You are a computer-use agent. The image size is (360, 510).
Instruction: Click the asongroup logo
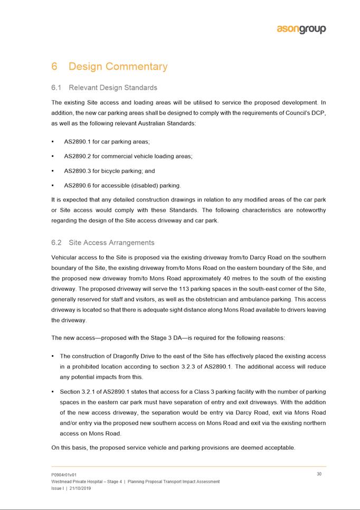click(x=301, y=30)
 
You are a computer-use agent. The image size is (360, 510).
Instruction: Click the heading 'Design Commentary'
click(x=118, y=67)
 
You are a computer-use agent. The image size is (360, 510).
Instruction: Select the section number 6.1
click(x=58, y=88)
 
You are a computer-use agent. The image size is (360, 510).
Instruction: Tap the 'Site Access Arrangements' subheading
click(x=111, y=242)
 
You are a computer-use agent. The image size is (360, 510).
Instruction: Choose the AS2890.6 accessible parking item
click(x=122, y=185)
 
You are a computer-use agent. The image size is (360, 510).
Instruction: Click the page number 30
click(x=319, y=474)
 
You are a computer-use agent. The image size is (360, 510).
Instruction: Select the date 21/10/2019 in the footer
click(x=81, y=488)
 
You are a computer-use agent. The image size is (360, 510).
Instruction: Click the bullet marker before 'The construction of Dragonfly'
click(x=53, y=356)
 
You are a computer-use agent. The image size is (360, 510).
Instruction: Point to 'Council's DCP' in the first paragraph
click(x=304, y=114)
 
